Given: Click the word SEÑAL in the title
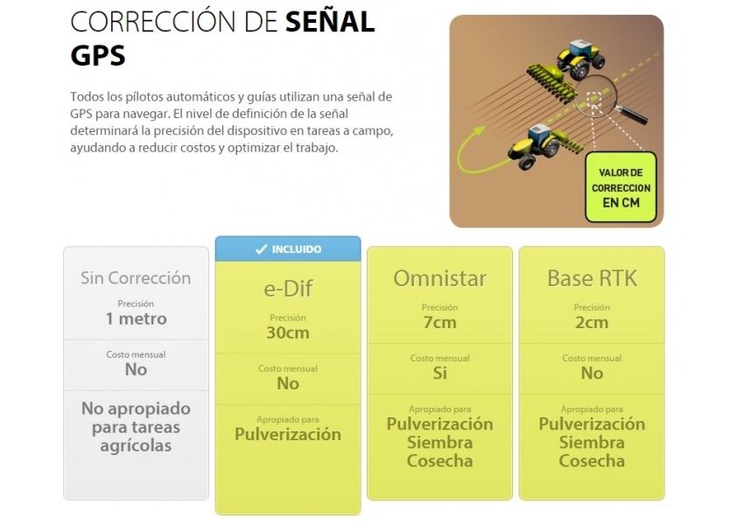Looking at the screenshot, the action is (x=330, y=22).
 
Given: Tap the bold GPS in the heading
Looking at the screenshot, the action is (x=98, y=55).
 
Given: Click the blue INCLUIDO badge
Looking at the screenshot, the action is (x=288, y=249).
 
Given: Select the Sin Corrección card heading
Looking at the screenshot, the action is (x=136, y=278).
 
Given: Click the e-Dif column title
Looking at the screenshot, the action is (x=288, y=289).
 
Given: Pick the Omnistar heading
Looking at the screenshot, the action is (x=440, y=278).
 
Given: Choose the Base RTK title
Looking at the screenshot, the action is (x=593, y=278).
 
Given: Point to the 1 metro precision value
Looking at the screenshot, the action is (x=137, y=318).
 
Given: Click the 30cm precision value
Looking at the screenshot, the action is (x=288, y=332).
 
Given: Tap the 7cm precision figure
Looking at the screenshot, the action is (x=440, y=323).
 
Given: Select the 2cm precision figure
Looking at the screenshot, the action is (x=592, y=323).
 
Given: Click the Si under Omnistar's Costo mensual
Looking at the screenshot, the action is (x=440, y=374).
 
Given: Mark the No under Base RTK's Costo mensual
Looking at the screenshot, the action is (x=593, y=374).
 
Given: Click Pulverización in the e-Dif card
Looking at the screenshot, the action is (x=288, y=434).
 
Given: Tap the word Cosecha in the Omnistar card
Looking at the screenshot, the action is (x=440, y=461).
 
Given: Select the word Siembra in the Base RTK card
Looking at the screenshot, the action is (x=592, y=443).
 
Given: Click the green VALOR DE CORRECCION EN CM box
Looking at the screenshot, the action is (x=621, y=187).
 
